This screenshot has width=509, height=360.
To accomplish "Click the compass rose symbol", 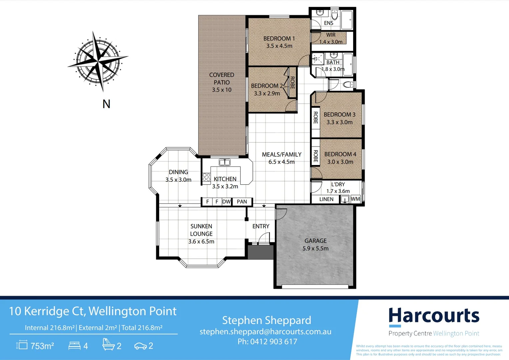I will click(98, 61).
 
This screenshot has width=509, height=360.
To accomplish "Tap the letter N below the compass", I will click(106, 104).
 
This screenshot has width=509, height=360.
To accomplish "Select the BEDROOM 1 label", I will click(279, 39).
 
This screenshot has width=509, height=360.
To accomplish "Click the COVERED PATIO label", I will click(222, 79).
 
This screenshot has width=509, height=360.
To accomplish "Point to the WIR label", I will click(331, 35).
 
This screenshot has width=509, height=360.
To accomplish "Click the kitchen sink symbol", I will click(225, 162).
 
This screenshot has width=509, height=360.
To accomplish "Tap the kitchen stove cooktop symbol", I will click(207, 177).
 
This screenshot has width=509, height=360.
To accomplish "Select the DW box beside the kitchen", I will click(227, 202).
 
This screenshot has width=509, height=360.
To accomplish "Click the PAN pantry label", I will click(242, 202).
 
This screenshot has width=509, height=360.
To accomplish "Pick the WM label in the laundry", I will click(355, 199).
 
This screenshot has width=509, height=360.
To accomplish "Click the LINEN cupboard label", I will click(326, 199).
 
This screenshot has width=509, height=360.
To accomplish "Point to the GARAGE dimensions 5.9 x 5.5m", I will click(315, 249).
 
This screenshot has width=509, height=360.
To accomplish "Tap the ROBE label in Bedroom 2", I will click(292, 83).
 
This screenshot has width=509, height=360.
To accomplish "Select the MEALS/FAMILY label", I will click(281, 155).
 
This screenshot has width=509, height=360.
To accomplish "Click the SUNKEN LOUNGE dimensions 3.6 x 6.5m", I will click(201, 242).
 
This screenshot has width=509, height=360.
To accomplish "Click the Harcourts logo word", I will click(434, 316).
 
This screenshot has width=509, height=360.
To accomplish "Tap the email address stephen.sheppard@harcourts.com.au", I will click(265, 332).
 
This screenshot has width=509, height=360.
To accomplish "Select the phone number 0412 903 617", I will click(273, 342).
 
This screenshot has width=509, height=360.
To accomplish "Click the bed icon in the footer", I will click(74, 346).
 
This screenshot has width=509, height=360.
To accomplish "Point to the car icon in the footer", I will click(140, 346).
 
